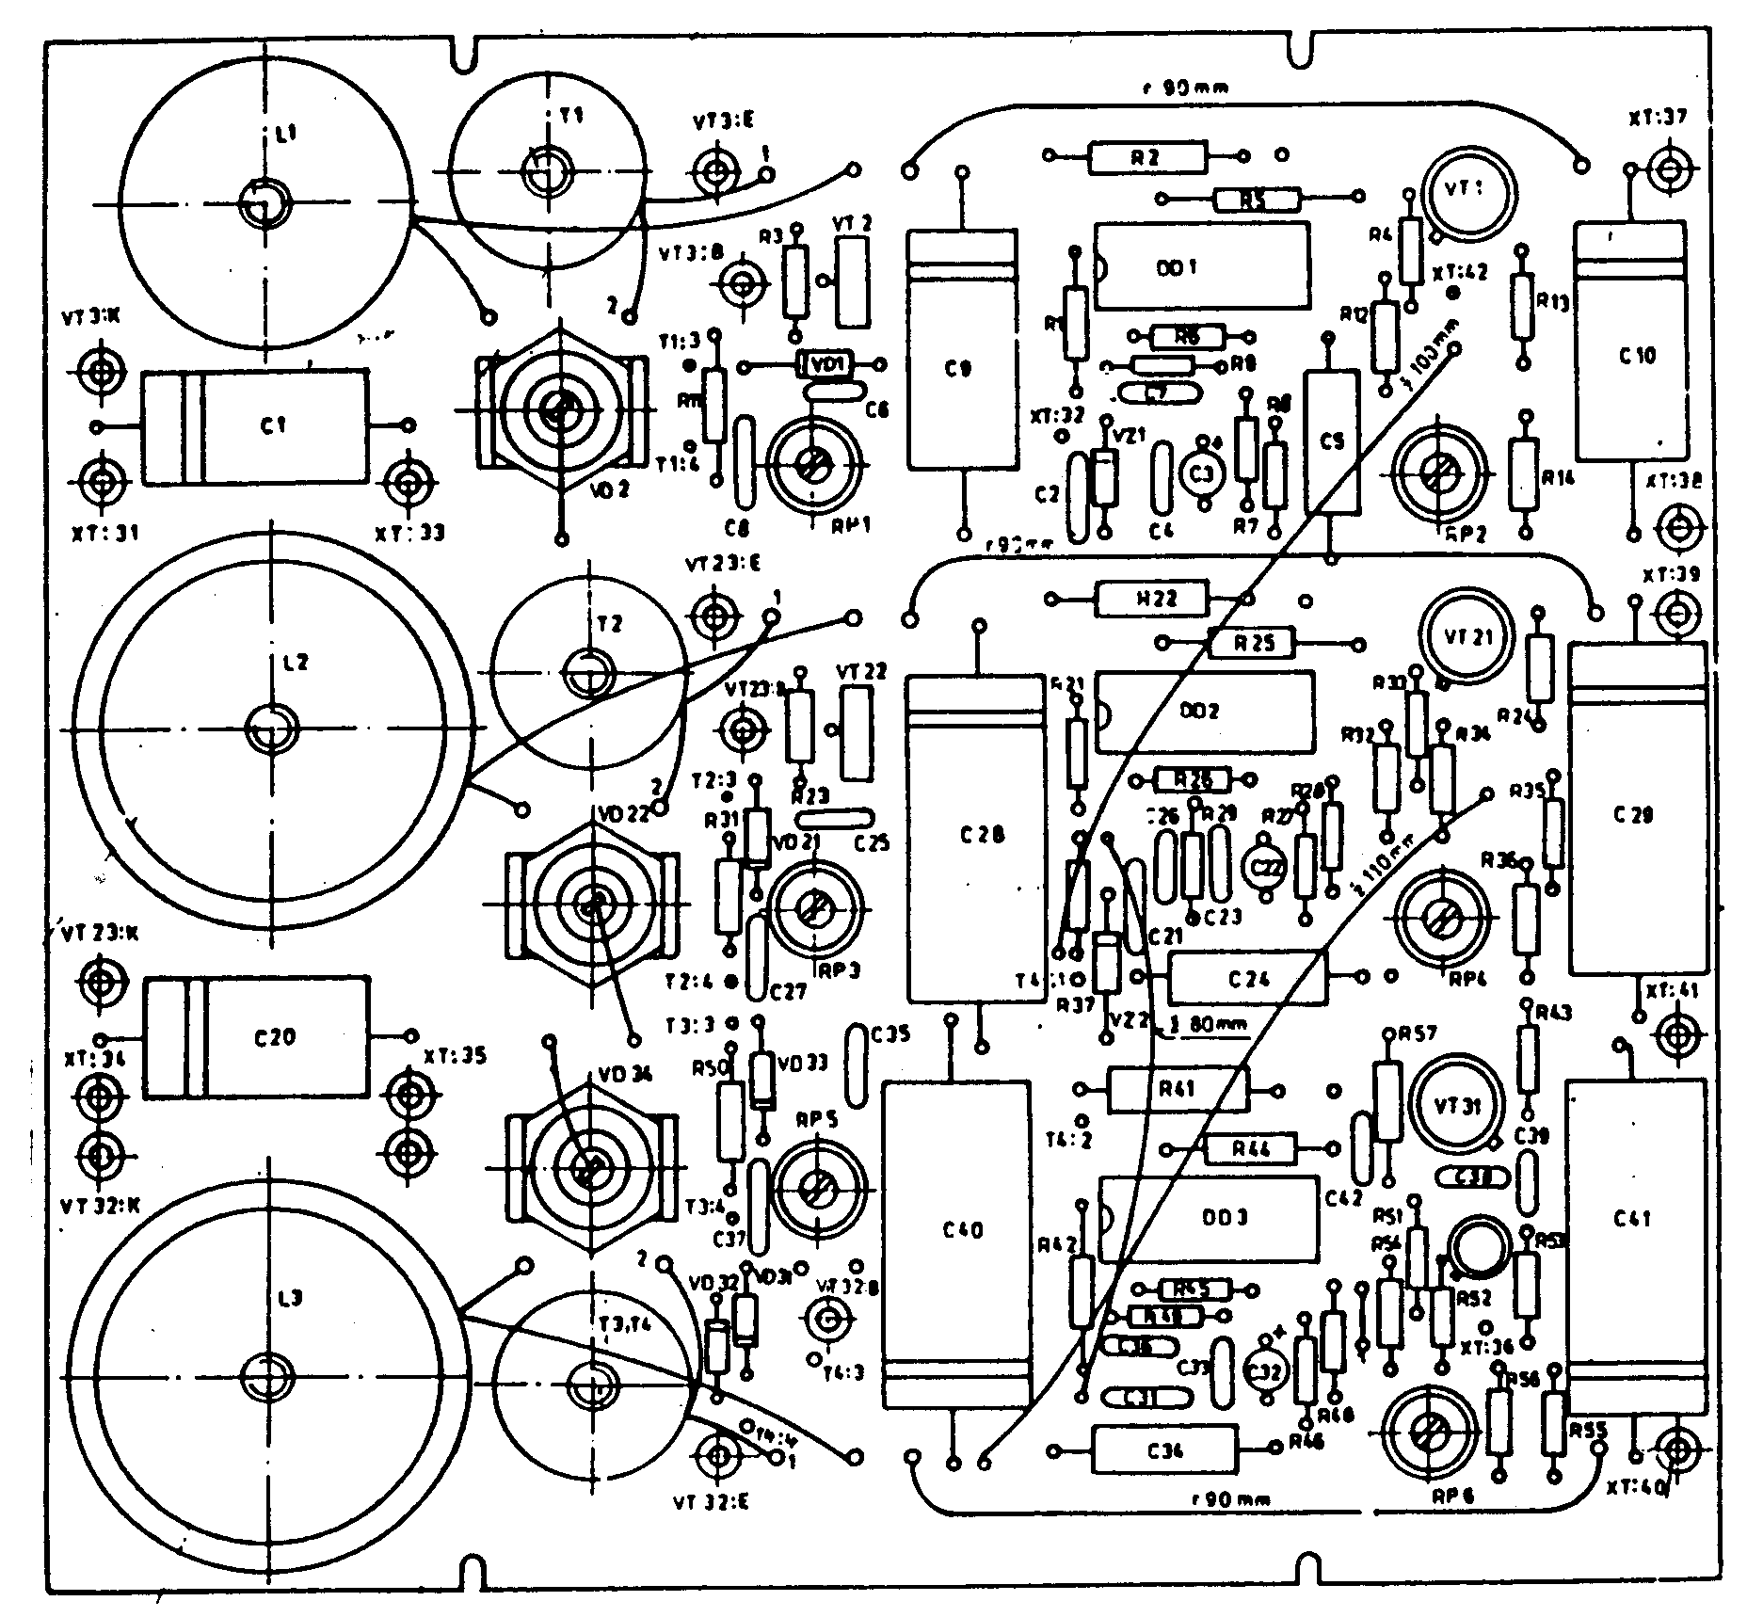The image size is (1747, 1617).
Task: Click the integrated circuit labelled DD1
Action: [1202, 266]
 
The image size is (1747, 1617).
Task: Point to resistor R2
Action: [1146, 157]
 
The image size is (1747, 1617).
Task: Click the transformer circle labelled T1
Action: [548, 169]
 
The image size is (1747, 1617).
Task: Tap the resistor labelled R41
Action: [1178, 1089]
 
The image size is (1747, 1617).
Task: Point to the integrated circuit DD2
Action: [1206, 712]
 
